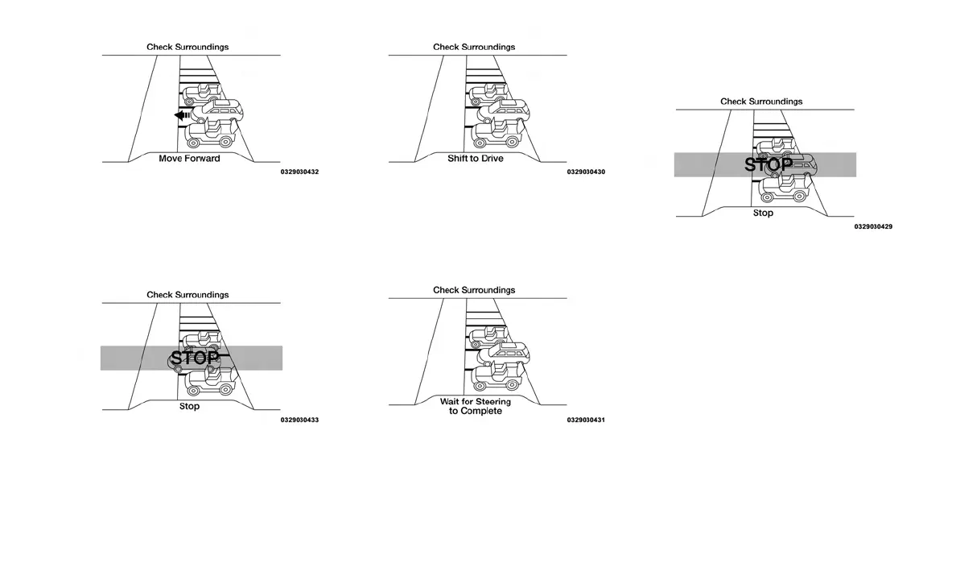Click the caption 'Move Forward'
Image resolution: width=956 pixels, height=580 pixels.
pos(189,158)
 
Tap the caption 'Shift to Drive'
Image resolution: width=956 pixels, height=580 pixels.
pos(475,158)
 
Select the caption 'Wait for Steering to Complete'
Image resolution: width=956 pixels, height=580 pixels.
pos(475,406)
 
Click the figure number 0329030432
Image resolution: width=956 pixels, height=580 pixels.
pos(299,172)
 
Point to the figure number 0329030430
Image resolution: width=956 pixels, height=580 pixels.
pos(586,172)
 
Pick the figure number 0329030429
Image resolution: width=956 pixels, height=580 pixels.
pos(873,226)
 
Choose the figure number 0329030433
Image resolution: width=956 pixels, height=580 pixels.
pos(299,420)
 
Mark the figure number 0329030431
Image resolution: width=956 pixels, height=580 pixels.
pos(586,420)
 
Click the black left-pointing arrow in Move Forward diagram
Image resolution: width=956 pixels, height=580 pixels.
pos(183,115)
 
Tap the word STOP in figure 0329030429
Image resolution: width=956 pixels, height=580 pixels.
pos(769,165)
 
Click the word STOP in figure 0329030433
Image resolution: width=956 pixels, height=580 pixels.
pos(194,358)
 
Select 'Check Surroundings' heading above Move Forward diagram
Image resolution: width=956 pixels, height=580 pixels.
pos(187,47)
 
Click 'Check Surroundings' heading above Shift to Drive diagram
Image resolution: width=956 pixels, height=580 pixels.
pos(474,47)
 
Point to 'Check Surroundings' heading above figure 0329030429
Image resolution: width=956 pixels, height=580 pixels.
pos(761,101)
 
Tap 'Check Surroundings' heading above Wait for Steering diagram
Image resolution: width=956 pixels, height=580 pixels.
pos(474,290)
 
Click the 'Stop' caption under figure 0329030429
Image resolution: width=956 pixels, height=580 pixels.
pos(763,213)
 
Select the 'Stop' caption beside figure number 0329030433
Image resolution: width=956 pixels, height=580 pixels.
pos(189,406)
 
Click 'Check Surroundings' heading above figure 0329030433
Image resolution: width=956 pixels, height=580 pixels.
pos(187,295)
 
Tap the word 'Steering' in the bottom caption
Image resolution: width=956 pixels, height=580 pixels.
pos(492,401)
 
